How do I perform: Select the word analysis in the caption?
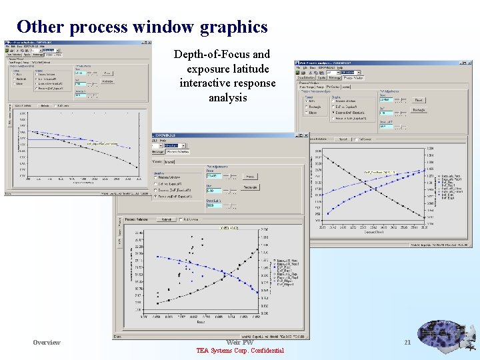(227, 97)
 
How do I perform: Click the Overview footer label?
(47, 342)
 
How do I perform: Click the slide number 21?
(407, 342)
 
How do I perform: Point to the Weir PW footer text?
(239, 342)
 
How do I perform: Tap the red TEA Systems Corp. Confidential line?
(239, 351)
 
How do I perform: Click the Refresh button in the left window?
(45, 105)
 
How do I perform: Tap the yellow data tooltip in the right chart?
(379, 172)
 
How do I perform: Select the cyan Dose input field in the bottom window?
(215, 176)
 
